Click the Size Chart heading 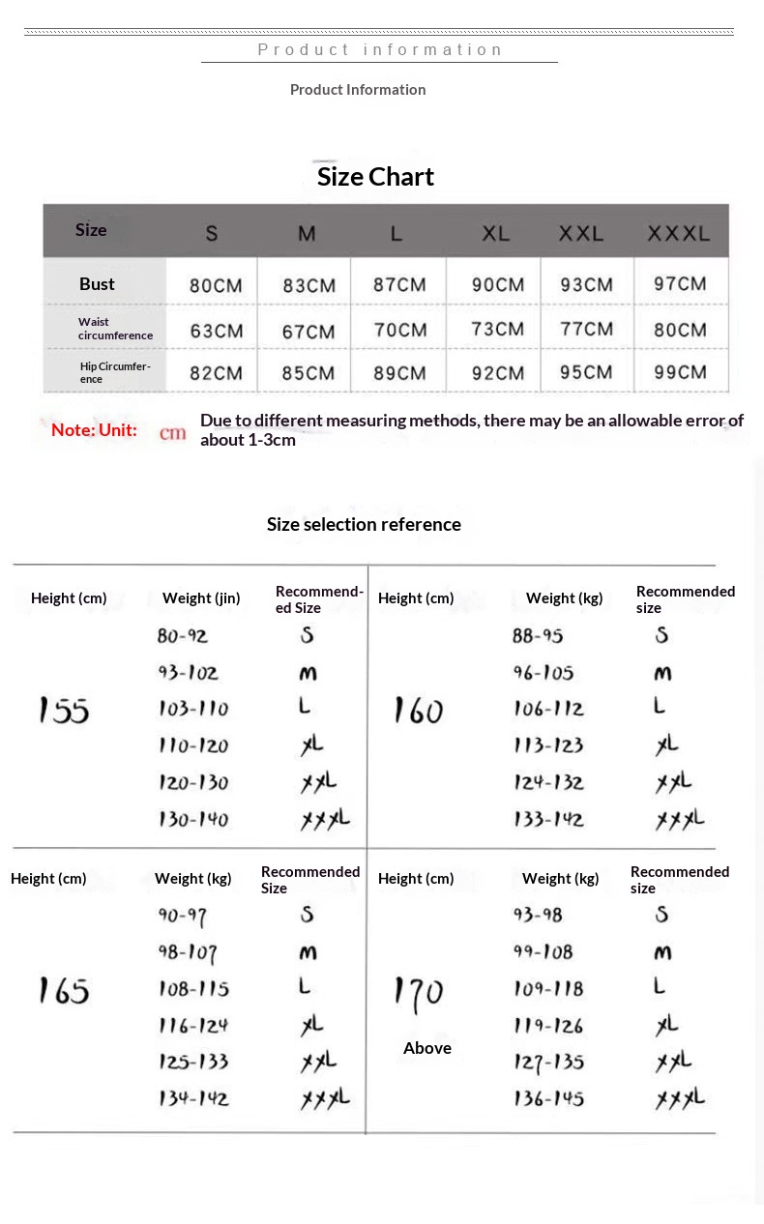(375, 177)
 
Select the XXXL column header (678, 233)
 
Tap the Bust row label (97, 284)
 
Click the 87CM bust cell (399, 285)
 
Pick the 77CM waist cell (585, 329)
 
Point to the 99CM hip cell (679, 372)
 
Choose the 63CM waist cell (216, 331)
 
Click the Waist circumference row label (115, 329)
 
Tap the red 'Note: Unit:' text (94, 430)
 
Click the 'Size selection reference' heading (364, 524)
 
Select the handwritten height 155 (64, 711)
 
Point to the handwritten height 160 (418, 711)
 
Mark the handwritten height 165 (64, 990)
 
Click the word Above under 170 (426, 1048)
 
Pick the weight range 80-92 (183, 636)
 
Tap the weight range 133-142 (548, 820)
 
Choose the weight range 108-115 (193, 989)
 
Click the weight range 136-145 (548, 1099)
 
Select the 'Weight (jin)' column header (201, 598)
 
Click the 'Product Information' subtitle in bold (358, 90)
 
